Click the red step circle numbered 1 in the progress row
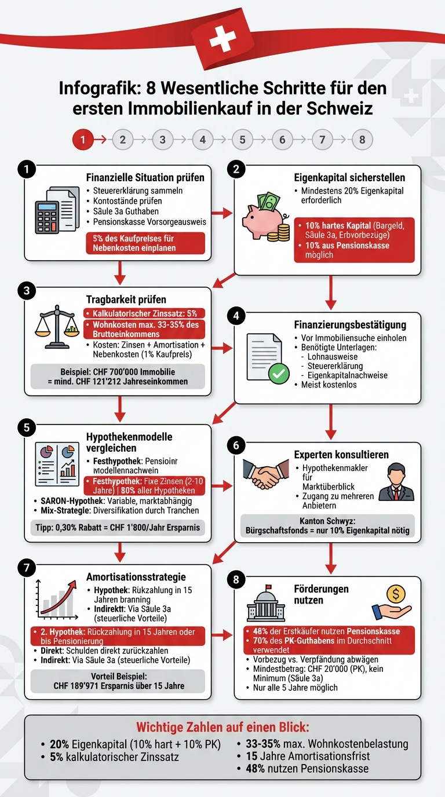click(x=83, y=140)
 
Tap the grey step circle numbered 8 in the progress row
click(x=362, y=140)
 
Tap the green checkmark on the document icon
click(x=279, y=374)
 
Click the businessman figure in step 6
click(x=396, y=482)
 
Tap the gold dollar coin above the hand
click(x=396, y=593)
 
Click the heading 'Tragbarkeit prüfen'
click(x=126, y=299)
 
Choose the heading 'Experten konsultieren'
click(x=342, y=455)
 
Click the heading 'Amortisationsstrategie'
click(x=136, y=577)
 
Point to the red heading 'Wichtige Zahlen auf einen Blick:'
click(x=222, y=727)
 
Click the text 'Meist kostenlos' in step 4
click(x=329, y=385)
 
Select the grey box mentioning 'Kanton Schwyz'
click(x=327, y=525)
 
